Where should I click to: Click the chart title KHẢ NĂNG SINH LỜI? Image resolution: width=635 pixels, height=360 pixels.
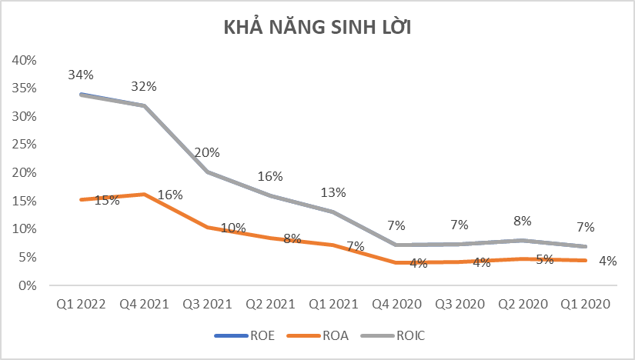[x=318, y=28]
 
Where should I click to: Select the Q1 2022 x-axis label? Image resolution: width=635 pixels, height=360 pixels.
[x=80, y=304]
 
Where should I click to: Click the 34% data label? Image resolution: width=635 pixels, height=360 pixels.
[x=80, y=75]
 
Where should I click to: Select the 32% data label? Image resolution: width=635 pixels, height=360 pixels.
[x=144, y=86]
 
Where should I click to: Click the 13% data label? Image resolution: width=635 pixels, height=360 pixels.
[x=333, y=192]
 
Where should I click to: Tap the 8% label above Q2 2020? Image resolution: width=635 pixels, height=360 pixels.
[x=523, y=221]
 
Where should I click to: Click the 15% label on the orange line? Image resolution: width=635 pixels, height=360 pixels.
[x=107, y=201]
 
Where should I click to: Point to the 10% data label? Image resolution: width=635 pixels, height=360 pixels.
[x=233, y=228]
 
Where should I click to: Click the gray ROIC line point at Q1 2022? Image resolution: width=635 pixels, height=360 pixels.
[x=80, y=95]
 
